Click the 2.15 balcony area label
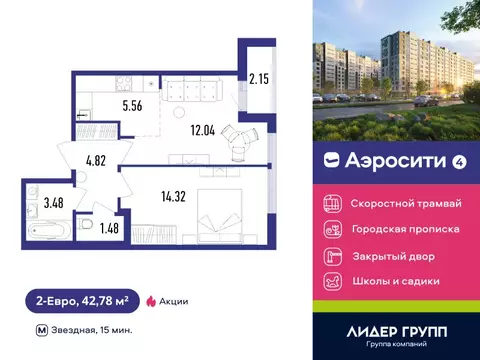click(x=259, y=77)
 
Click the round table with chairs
click(x=240, y=139)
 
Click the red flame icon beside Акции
click(x=152, y=300)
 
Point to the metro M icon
click(x=40, y=329)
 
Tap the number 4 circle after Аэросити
click(x=430, y=158)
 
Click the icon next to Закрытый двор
click(x=331, y=255)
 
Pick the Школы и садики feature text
click(x=395, y=281)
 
